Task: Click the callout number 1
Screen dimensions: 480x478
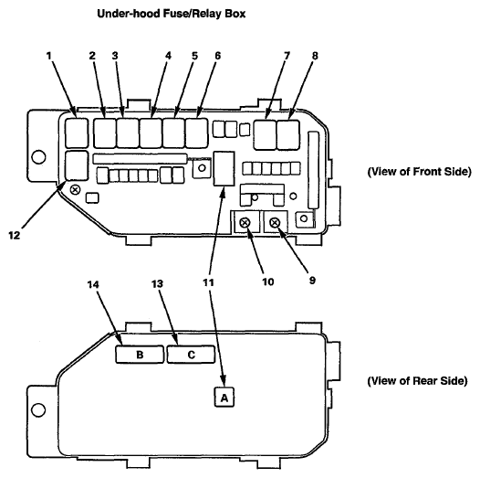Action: [49, 56]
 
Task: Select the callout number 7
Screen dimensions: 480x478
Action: [287, 56]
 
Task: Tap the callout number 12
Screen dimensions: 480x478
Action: [14, 236]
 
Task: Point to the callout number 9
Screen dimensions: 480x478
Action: [312, 281]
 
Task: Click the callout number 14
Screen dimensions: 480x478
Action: [93, 284]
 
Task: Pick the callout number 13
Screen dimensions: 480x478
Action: [157, 284]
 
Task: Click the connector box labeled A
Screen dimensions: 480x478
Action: [224, 398]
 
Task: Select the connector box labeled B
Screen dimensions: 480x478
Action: [140, 355]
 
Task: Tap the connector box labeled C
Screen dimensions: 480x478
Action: [191, 355]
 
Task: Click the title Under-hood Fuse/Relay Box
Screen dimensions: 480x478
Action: [172, 14]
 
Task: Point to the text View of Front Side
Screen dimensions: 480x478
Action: [420, 172]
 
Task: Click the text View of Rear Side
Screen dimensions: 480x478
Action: [418, 381]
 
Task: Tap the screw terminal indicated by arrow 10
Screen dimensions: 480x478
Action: [245, 222]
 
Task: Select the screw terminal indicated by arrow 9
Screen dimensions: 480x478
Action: [275, 222]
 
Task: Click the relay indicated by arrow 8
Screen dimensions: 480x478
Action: [288, 135]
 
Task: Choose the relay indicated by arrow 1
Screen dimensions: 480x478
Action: [77, 133]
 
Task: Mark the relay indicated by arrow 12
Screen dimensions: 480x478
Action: [77, 165]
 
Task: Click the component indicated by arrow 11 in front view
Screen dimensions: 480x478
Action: [224, 168]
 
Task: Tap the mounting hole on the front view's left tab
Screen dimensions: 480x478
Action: [38, 156]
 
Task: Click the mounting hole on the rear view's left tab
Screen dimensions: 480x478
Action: [38, 409]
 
